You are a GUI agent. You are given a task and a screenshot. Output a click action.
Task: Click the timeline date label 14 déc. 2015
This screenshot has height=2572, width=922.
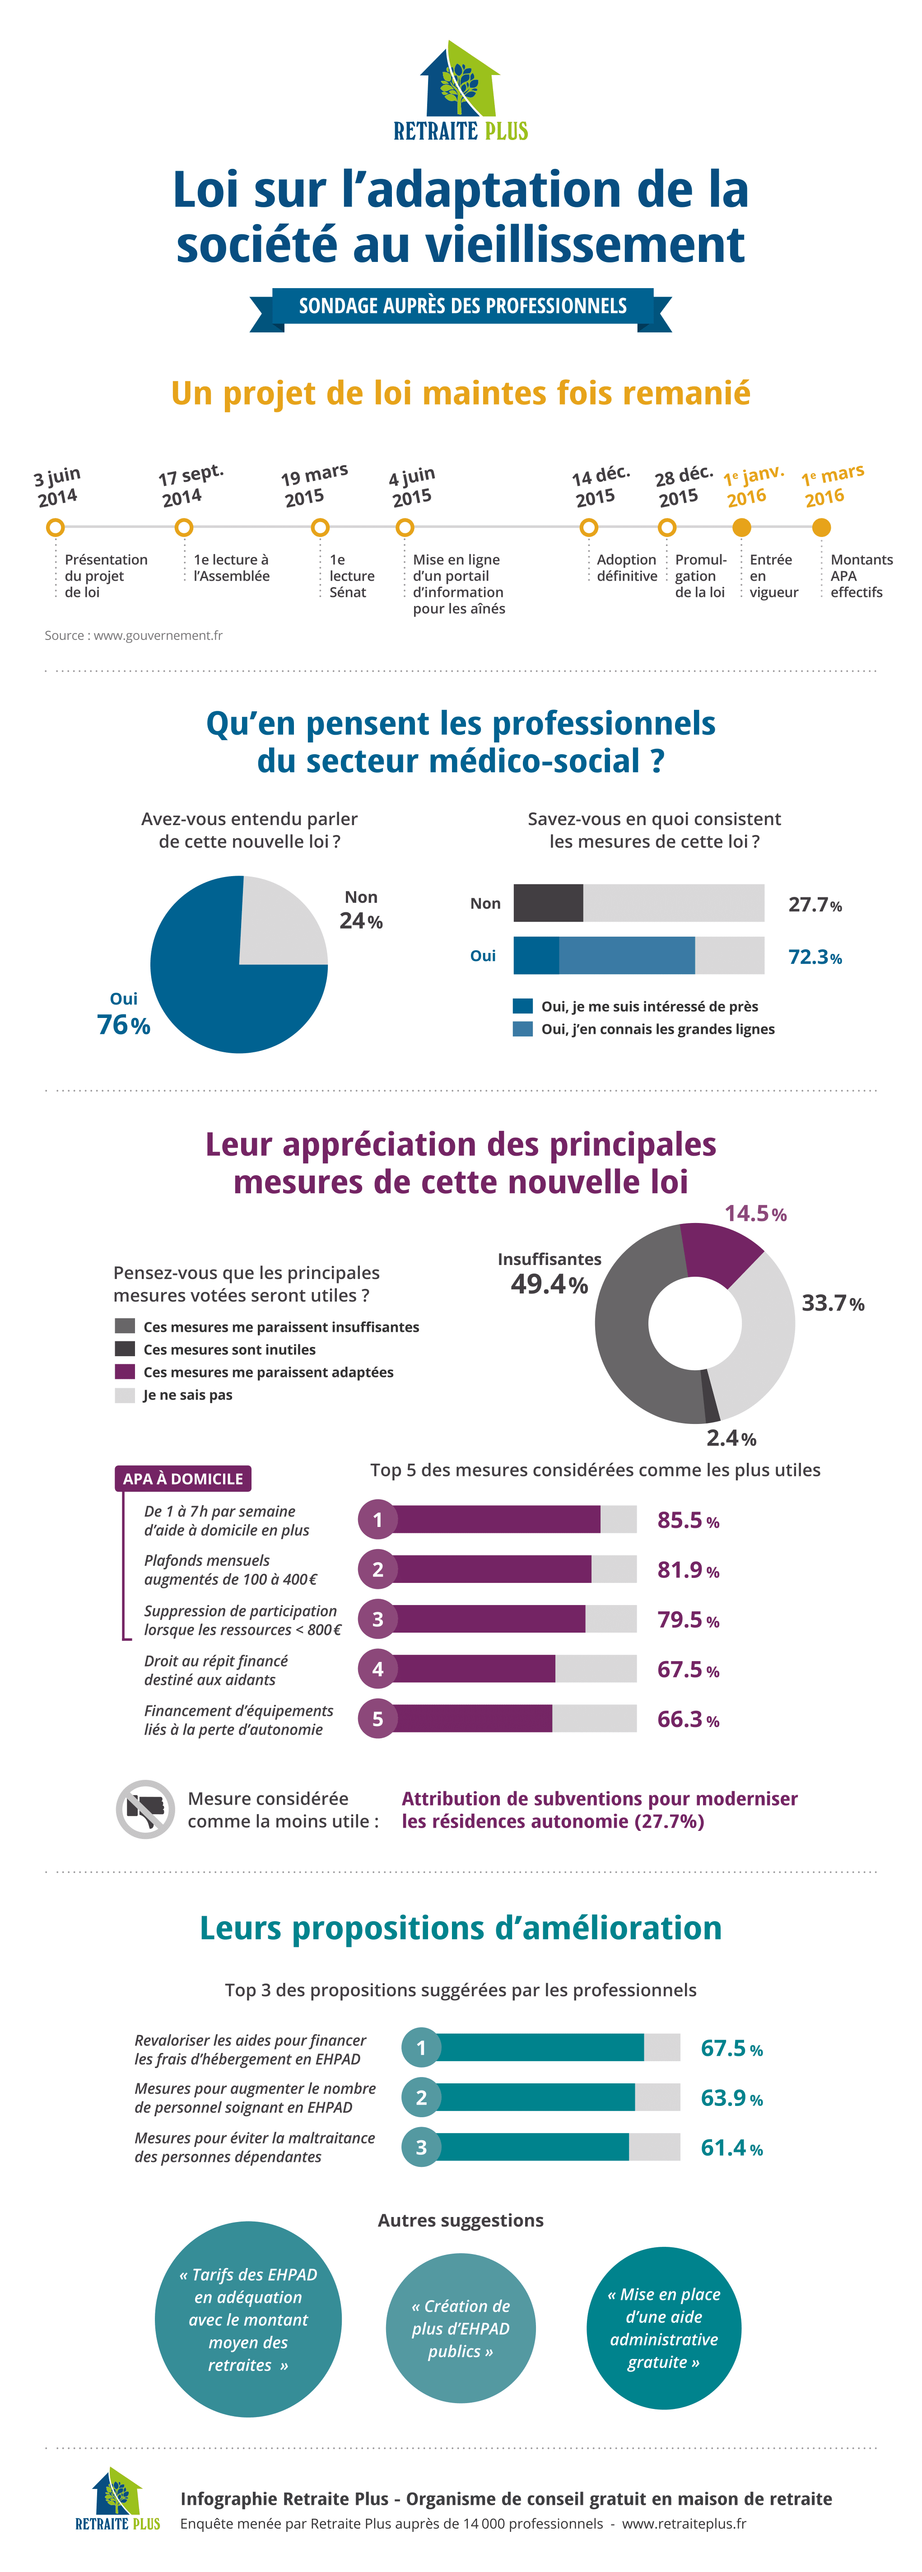click(x=600, y=485)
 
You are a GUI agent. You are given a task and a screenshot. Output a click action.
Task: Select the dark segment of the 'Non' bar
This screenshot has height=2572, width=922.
click(x=548, y=903)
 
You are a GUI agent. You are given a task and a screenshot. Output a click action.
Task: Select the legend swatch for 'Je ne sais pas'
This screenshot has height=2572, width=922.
click(x=125, y=1395)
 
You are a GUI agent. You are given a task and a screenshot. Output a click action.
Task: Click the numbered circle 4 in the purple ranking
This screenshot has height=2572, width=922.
click(x=377, y=1668)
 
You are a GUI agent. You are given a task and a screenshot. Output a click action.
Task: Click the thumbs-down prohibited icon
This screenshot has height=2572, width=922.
click(x=146, y=1808)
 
